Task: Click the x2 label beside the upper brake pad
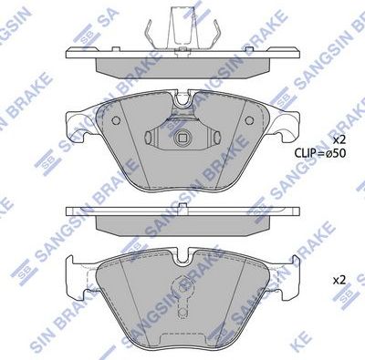point(339,139)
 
